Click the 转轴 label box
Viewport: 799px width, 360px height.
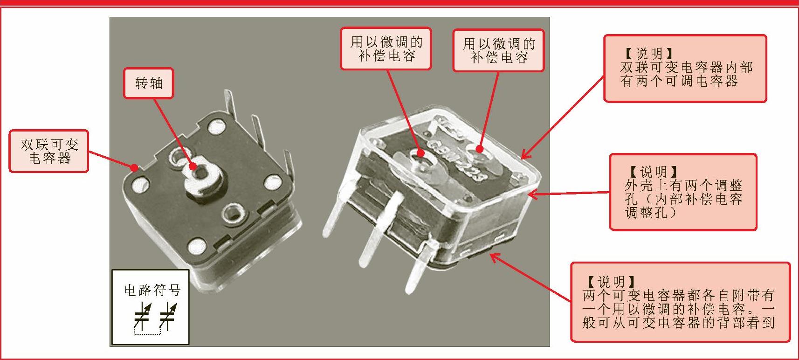point(148,83)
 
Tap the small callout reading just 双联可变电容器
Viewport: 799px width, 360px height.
point(48,151)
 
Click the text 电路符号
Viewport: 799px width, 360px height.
point(152,291)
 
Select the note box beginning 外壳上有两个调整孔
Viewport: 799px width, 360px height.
point(683,192)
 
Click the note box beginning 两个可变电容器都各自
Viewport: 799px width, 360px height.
point(681,302)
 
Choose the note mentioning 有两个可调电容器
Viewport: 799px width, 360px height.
point(685,69)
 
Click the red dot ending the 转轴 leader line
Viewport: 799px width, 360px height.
point(193,166)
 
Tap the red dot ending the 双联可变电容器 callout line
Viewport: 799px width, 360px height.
point(134,167)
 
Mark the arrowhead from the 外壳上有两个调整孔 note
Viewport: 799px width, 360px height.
point(532,194)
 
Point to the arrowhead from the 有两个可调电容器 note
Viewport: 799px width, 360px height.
point(525,154)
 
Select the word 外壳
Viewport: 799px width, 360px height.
point(639,186)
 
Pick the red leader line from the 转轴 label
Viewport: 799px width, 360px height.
point(173,132)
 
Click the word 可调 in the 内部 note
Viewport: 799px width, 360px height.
point(672,81)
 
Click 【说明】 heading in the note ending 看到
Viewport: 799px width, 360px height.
point(611,282)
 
